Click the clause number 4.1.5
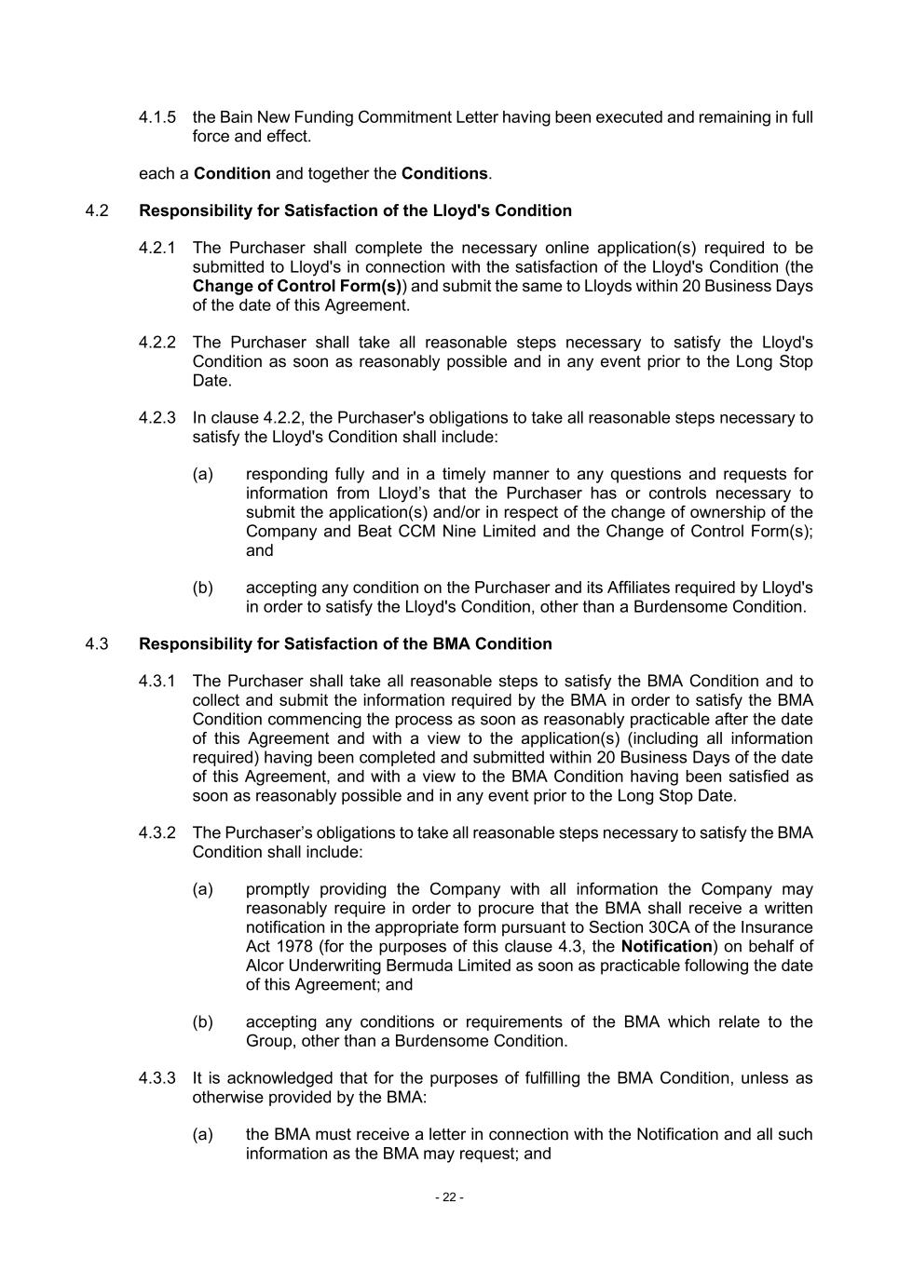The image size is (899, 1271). pyautogui.click(x=157, y=117)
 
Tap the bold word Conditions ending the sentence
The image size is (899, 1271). pyautogui.click(x=444, y=173)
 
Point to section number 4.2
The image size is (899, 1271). pyautogui.click(x=97, y=210)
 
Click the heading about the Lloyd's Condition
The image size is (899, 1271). pyautogui.click(x=355, y=210)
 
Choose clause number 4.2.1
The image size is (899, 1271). pyautogui.click(x=157, y=248)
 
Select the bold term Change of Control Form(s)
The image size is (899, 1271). pyautogui.click(x=297, y=286)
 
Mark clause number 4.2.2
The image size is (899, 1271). pyautogui.click(x=157, y=343)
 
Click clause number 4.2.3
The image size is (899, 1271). pyautogui.click(x=157, y=417)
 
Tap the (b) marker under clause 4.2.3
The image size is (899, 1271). pyautogui.click(x=203, y=588)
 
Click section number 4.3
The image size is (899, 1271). pyautogui.click(x=97, y=643)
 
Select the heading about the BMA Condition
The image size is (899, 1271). pyautogui.click(x=345, y=643)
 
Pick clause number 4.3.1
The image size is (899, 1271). pyautogui.click(x=157, y=682)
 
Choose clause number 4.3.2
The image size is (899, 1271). pyautogui.click(x=157, y=832)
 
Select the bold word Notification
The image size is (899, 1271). pyautogui.click(x=666, y=946)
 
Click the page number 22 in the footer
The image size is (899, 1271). pyautogui.click(x=449, y=1197)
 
